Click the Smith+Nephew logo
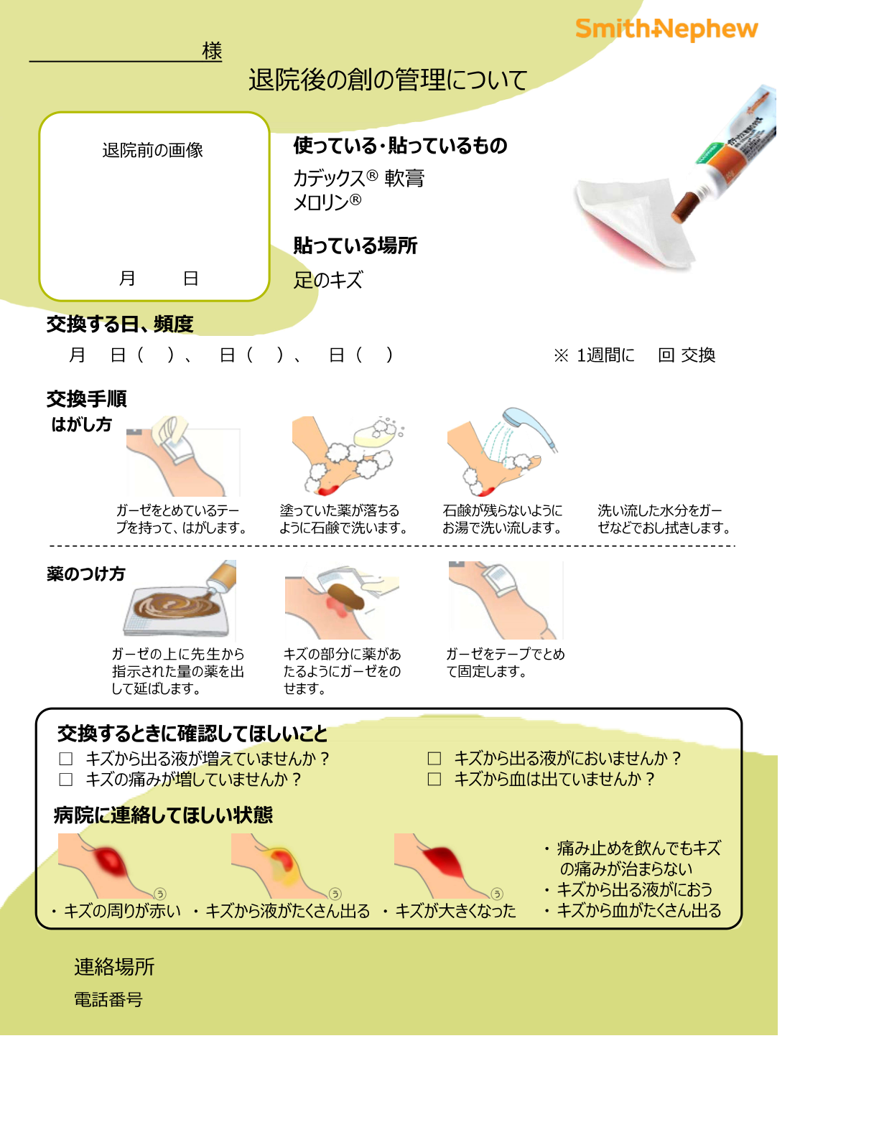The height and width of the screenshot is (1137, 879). click(x=666, y=29)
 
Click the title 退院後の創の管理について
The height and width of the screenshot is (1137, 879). click(x=388, y=80)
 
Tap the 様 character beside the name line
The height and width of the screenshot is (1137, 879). click(x=212, y=51)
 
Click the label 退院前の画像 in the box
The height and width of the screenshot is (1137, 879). click(x=152, y=150)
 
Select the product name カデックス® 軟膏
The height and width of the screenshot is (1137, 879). click(x=358, y=177)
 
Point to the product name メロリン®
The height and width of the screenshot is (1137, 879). click(x=327, y=202)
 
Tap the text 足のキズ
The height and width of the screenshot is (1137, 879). click(x=328, y=280)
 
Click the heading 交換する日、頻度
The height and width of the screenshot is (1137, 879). click(x=120, y=324)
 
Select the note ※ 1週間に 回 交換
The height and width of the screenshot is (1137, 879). click(x=634, y=355)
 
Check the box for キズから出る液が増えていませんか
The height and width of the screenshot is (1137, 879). click(x=66, y=759)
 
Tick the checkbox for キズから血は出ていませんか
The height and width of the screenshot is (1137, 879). click(x=434, y=780)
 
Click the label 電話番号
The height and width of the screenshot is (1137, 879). click(x=108, y=999)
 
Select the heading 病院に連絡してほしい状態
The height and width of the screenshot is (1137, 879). click(x=163, y=815)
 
